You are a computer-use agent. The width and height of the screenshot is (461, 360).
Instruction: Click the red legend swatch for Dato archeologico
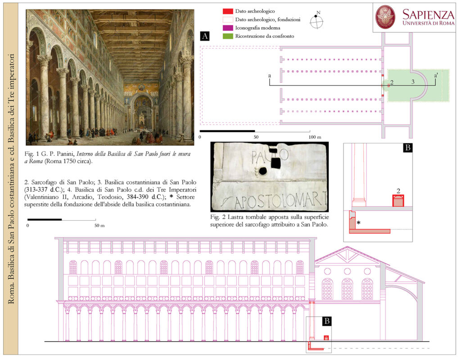click(227, 11)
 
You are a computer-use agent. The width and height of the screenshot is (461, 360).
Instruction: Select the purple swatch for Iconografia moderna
click(227, 28)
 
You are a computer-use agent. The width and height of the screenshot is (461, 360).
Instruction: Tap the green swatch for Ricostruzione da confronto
click(227, 36)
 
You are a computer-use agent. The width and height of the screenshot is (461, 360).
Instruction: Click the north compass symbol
click(316, 21)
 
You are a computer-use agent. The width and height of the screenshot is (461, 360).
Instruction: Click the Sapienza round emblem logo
click(386, 17)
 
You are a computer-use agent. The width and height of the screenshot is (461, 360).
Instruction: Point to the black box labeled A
click(205, 36)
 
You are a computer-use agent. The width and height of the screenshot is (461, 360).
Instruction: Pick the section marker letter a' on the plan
click(436, 76)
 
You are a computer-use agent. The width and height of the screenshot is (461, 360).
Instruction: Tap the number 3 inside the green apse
click(413, 82)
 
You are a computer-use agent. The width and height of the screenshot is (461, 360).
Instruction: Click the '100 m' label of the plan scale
click(315, 137)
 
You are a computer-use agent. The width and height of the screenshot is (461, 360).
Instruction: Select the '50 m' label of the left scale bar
click(99, 225)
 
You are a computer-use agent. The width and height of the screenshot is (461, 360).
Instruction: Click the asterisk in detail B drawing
click(358, 223)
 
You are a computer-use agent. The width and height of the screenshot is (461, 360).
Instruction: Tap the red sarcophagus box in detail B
click(398, 201)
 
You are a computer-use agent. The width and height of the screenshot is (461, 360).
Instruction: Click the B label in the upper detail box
click(408, 147)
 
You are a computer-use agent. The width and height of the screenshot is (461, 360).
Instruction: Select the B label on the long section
click(327, 321)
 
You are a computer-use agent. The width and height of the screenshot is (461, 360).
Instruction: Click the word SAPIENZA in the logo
click(428, 14)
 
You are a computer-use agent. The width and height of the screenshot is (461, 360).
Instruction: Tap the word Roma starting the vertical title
click(11, 295)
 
